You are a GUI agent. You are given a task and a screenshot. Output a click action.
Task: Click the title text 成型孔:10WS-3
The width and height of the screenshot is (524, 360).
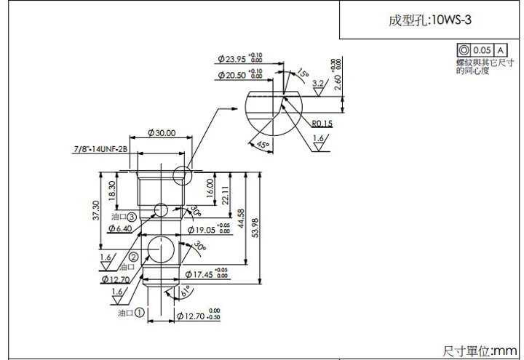430,20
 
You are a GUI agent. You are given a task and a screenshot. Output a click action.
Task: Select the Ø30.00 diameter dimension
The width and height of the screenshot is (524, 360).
161,133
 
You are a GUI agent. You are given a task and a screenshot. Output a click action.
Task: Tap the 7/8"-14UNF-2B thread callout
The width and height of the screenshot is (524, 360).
100,149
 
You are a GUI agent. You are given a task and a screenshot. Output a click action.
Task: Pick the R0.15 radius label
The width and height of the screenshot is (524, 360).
322,123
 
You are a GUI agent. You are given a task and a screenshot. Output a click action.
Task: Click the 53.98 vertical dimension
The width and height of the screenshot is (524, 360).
254,228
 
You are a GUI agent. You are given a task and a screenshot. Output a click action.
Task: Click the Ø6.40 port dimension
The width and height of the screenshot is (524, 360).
119,229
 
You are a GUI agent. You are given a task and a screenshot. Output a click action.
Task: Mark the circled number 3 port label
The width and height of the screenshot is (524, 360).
132,217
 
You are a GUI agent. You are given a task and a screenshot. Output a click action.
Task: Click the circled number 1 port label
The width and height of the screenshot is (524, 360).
138,313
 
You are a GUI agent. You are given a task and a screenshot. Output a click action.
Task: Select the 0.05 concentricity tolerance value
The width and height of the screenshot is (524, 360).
482,49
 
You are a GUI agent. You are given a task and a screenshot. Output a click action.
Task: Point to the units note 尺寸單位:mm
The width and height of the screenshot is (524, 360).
480,351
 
